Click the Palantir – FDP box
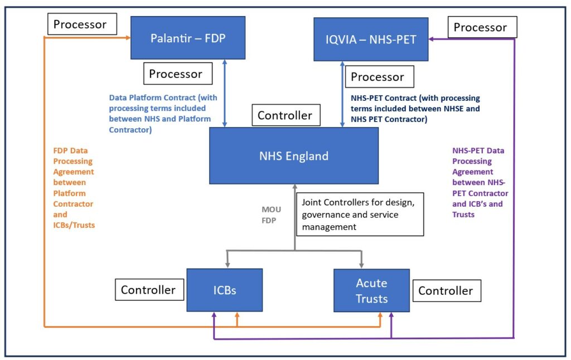point(187,38)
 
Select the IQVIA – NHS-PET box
point(371,39)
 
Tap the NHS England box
point(293,155)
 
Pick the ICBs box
point(224,290)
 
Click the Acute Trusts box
point(371,290)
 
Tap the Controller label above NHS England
point(284,116)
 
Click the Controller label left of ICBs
point(148,290)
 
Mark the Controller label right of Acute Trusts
point(446,290)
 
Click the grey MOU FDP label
point(272,215)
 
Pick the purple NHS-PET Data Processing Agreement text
point(480,182)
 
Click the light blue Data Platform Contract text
point(163,113)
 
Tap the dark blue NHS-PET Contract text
point(415,109)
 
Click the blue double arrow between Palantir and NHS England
point(224,93)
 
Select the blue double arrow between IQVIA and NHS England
point(342,94)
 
